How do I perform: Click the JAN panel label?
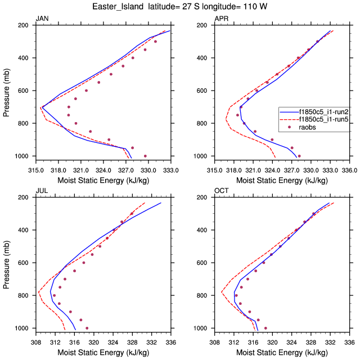42,19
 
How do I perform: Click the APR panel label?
221,19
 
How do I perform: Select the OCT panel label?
221,191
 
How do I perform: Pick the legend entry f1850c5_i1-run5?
318,120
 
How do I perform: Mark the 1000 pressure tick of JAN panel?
24,156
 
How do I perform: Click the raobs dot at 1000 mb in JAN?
145,156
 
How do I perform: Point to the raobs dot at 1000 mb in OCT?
265,328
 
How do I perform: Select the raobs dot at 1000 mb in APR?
299,156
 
